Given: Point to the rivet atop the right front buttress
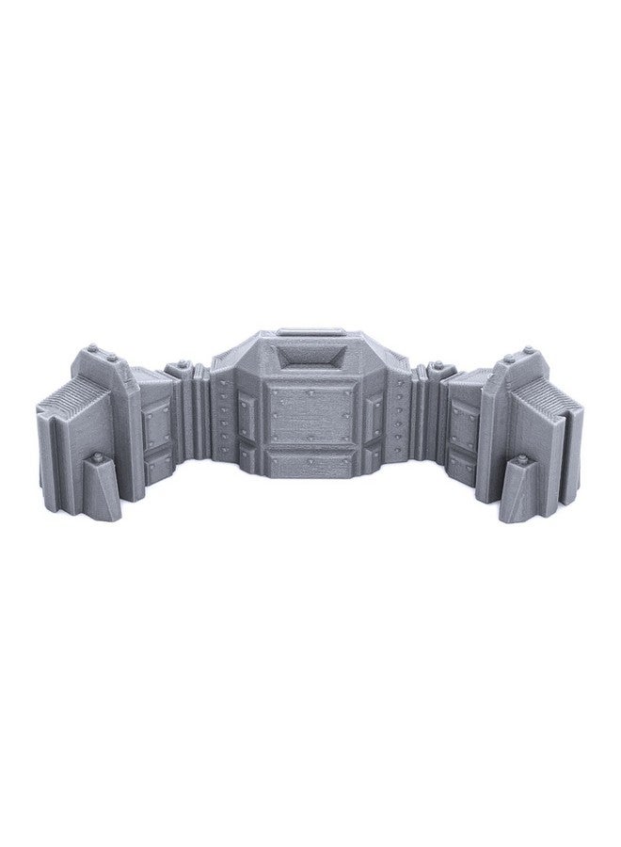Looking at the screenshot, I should [519, 460].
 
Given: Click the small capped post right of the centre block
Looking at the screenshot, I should [440, 369].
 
